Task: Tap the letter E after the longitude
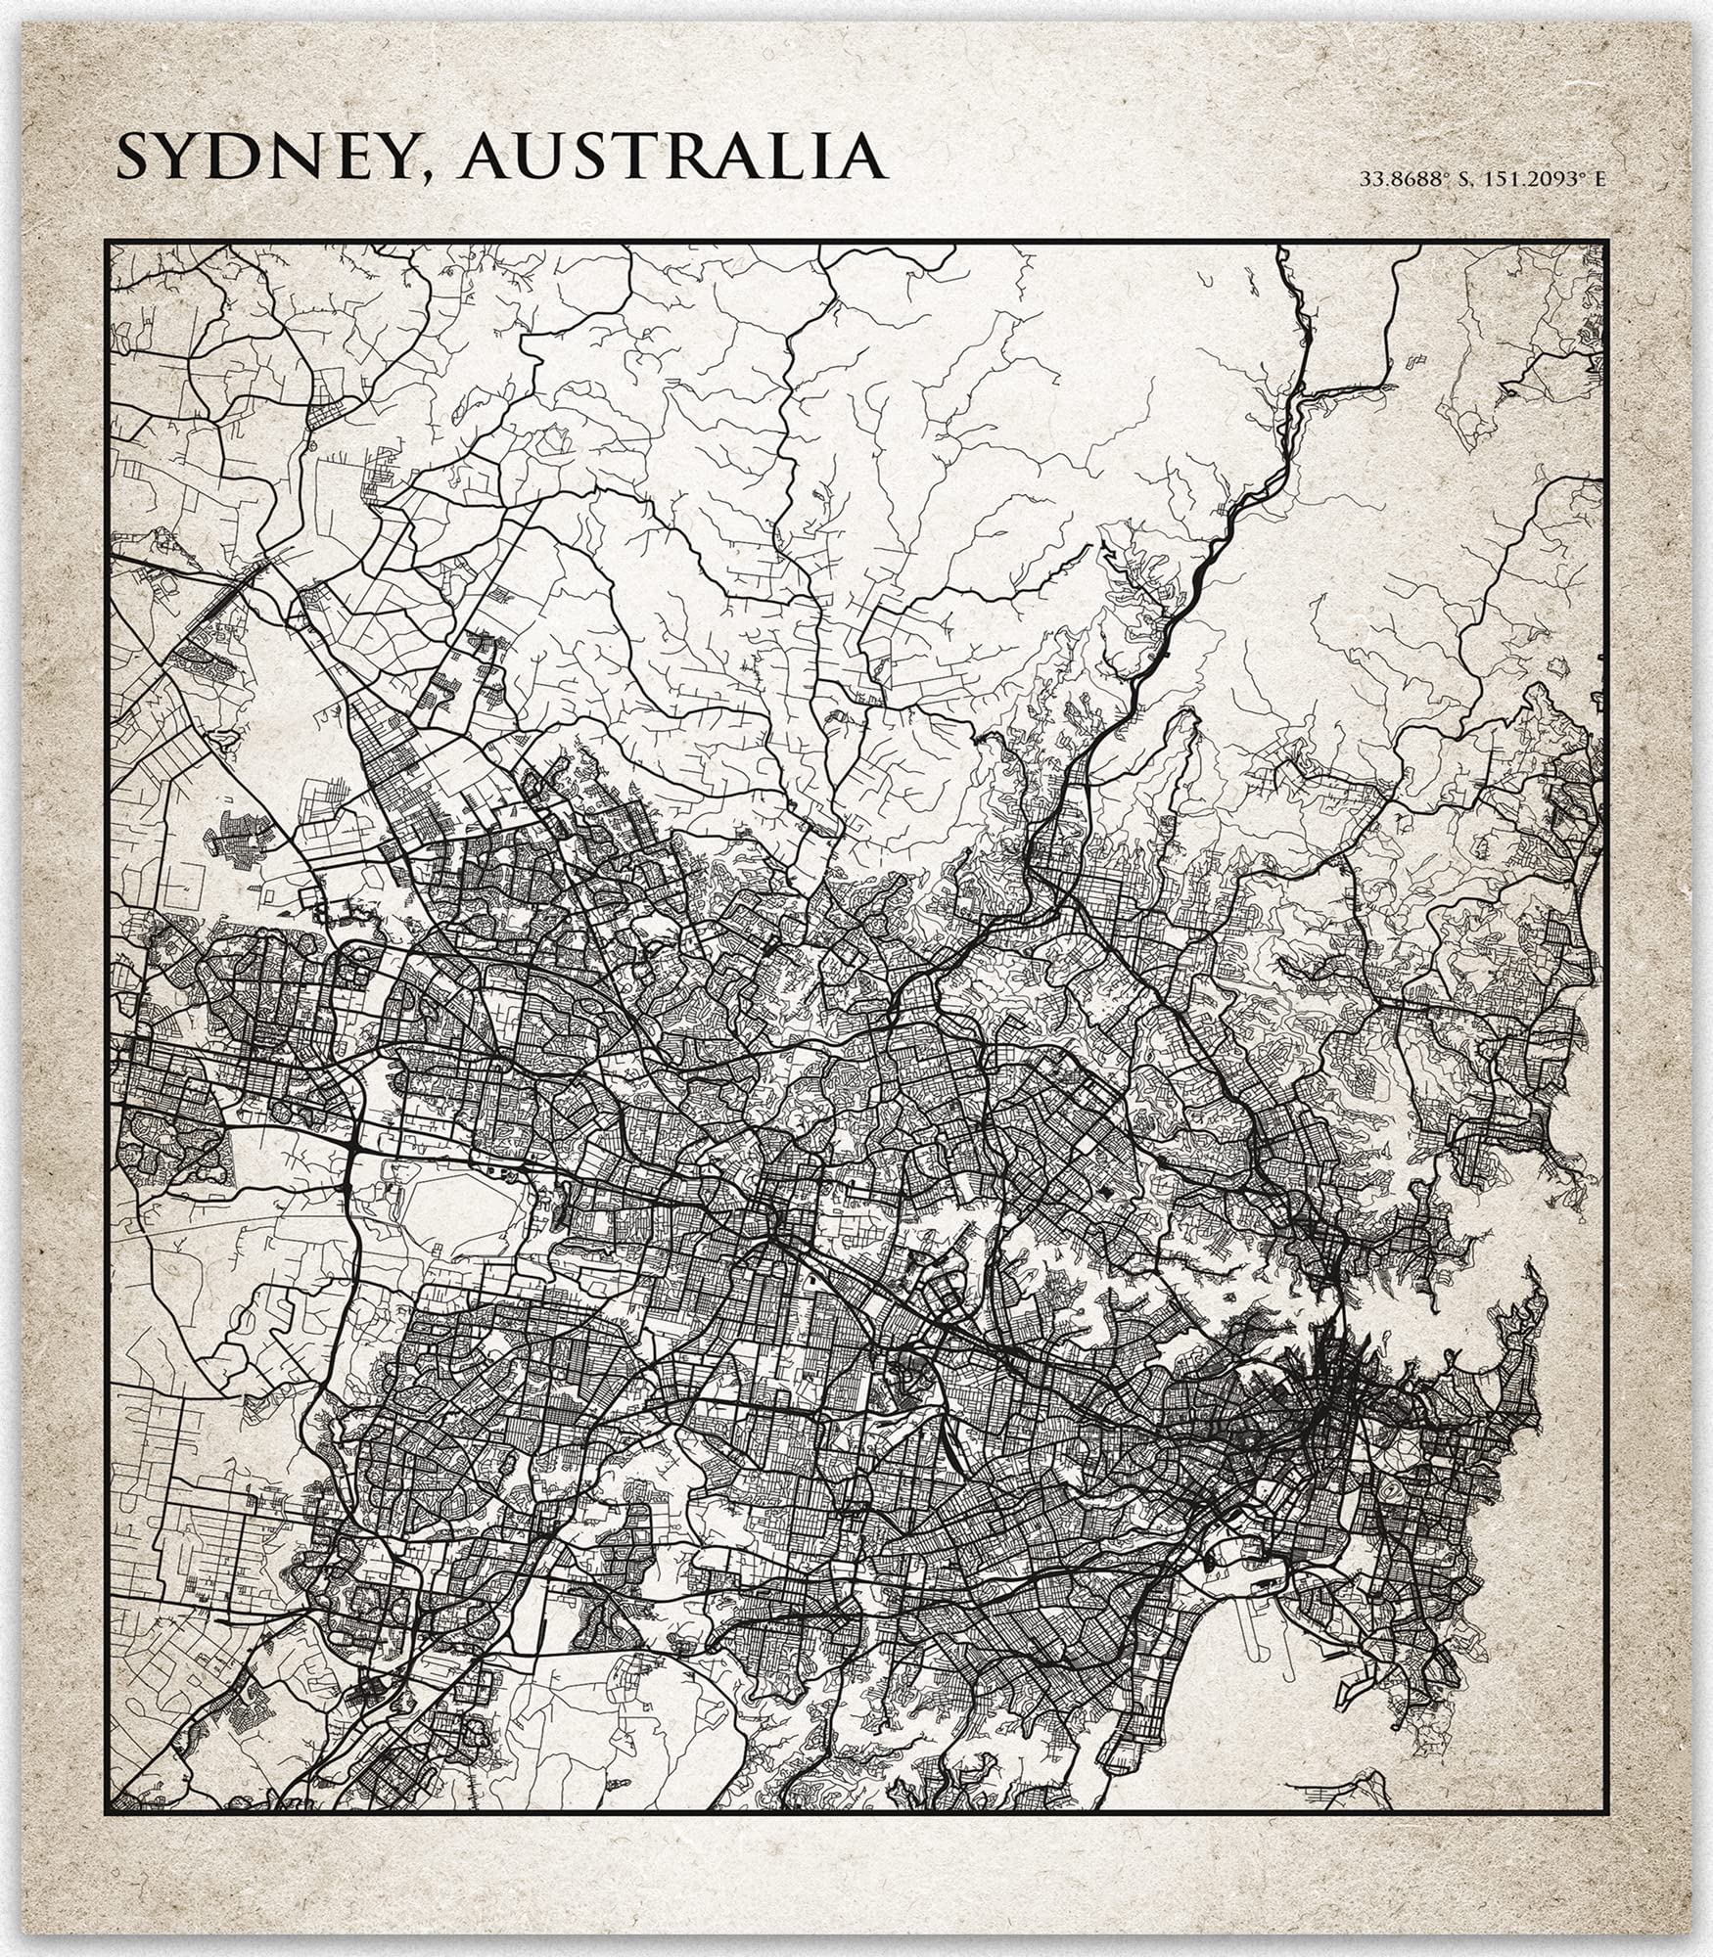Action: [x=1600, y=179]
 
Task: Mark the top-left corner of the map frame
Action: [x=107, y=242]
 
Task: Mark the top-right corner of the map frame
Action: [x=1607, y=242]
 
